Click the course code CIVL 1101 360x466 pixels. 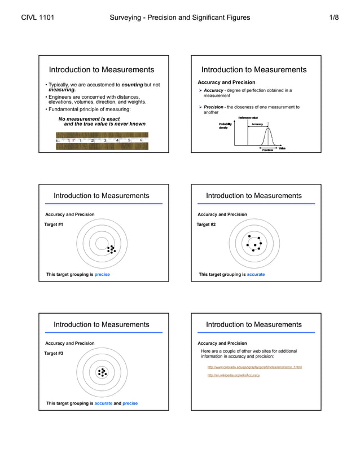pos(38,17)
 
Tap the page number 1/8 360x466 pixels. pos(333,17)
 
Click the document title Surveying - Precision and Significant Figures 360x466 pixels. pos(180,17)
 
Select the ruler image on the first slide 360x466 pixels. pos(102,140)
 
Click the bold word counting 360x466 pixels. pos(132,85)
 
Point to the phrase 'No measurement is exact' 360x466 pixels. pos(89,119)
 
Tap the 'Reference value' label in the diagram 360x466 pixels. pos(248,117)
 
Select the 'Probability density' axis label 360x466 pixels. pos(225,126)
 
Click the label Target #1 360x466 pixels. pos(54,225)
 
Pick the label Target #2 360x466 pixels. pos(206,225)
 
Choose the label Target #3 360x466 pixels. pos(54,353)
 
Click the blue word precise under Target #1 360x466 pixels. pos(102,275)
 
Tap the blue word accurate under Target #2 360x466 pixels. pos(256,275)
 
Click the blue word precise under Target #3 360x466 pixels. pos(130,403)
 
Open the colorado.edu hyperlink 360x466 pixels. pos(254,367)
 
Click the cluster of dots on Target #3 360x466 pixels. pos(102,372)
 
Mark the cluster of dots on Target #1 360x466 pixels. pos(111,249)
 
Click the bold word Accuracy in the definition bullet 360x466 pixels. pos(214,90)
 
